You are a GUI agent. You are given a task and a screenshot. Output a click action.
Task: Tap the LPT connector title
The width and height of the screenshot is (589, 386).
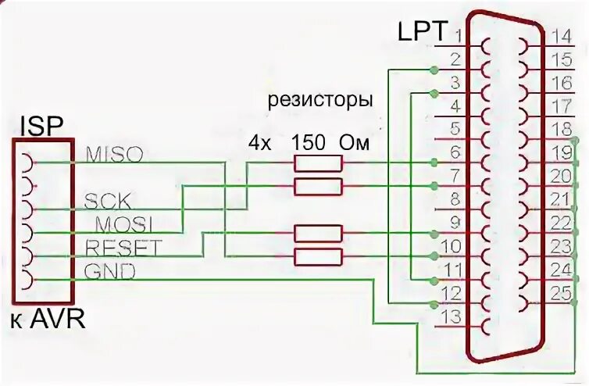423,33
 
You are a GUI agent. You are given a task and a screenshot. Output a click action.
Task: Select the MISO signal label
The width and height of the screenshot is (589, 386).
115,154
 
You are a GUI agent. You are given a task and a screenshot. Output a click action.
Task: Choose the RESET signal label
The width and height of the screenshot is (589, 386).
123,248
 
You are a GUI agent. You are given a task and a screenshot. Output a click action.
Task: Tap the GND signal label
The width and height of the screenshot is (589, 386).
109,272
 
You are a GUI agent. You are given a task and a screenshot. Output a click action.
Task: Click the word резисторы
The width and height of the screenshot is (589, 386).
320,101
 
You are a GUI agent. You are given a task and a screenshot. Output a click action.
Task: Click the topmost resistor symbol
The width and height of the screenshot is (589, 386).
317,163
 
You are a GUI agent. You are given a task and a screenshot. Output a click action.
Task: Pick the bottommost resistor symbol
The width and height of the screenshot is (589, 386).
317,256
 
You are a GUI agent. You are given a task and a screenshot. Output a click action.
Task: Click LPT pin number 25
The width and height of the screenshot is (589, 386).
561,294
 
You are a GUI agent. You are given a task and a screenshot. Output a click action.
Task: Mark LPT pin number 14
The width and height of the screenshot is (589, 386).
561,36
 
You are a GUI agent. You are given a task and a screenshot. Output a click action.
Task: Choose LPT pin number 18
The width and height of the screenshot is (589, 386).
561,130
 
